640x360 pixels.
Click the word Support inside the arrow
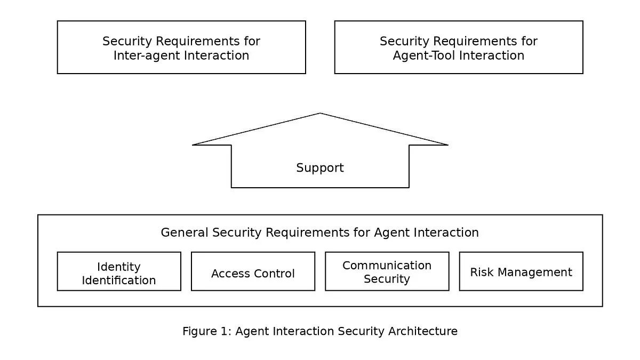(320, 167)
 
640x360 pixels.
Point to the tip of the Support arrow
(320, 113)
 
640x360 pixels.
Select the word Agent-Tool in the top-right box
(421, 55)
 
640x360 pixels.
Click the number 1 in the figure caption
(226, 331)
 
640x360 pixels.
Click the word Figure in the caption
(199, 332)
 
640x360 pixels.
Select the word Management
(535, 273)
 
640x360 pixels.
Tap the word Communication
(387, 266)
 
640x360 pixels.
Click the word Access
(230, 274)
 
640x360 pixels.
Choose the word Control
(274, 274)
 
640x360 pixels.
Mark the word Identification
(119, 281)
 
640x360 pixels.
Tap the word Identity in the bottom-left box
(119, 267)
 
